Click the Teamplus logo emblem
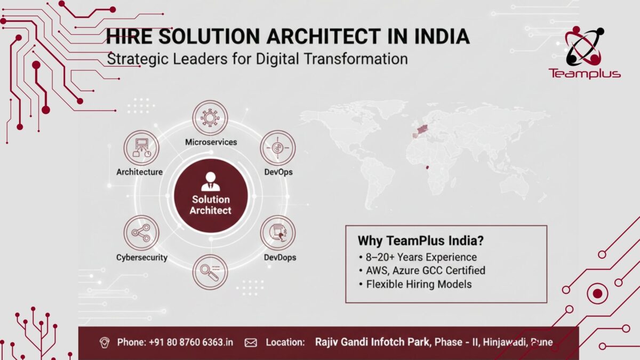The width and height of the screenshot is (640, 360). (584, 46)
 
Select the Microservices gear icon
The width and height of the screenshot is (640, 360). (210, 118)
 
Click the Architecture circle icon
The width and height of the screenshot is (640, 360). (141, 148)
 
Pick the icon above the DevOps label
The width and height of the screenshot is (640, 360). (277, 148)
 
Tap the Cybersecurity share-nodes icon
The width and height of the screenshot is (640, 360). (141, 233)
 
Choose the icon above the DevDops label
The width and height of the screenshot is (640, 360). (277, 233)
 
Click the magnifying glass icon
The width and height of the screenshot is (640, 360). (210, 272)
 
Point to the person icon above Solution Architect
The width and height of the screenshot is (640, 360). (211, 182)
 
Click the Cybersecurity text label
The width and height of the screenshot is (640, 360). (142, 258)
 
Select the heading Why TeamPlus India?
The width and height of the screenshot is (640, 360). (421, 241)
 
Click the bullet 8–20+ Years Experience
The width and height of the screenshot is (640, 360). (421, 257)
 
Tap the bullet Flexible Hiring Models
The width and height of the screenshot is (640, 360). (419, 284)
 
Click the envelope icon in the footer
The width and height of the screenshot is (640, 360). (250, 342)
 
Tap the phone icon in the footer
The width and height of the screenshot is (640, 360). (105, 342)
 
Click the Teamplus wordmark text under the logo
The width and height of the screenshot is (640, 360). (585, 73)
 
